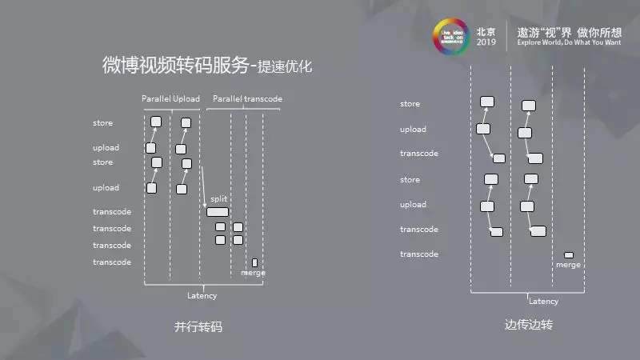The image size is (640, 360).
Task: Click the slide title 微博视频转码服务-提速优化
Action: (x=207, y=66)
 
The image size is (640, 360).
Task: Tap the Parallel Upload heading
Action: (x=170, y=99)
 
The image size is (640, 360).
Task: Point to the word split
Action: (x=219, y=198)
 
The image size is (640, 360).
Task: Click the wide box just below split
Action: (x=218, y=212)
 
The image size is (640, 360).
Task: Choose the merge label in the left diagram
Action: (x=253, y=273)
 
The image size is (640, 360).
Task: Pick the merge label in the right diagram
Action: (x=568, y=265)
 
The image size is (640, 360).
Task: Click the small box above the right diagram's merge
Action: (x=569, y=255)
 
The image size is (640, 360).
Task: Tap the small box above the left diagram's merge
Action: (x=254, y=262)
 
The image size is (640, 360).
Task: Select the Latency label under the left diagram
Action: (x=202, y=296)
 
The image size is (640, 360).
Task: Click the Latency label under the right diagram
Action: (x=544, y=302)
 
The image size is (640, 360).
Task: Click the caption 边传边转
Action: (x=529, y=326)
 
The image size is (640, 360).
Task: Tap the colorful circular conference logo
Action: (x=451, y=38)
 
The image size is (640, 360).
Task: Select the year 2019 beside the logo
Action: (x=486, y=43)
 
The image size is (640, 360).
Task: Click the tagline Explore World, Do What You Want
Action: (x=569, y=43)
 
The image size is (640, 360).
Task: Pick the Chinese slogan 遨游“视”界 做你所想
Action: (x=569, y=30)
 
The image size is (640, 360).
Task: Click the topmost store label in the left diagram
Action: (x=102, y=123)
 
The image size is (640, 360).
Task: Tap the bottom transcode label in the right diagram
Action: (x=419, y=254)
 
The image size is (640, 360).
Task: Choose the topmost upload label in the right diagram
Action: (x=413, y=130)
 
